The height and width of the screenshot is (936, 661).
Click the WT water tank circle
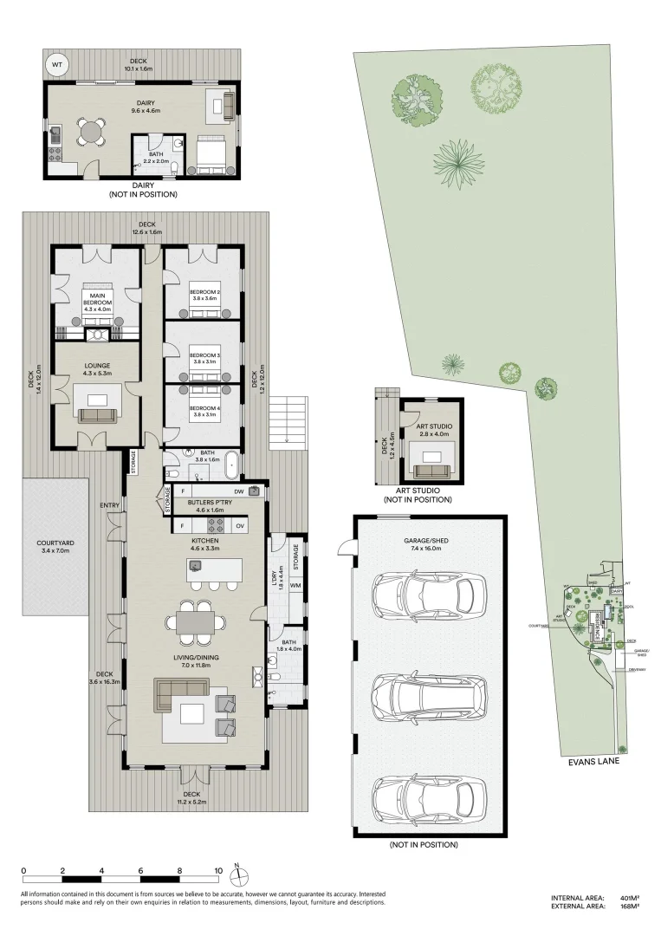click(57, 64)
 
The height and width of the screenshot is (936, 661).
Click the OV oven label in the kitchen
click(240, 526)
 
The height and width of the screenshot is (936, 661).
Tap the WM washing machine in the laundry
click(295, 585)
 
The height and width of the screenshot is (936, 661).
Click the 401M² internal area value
click(629, 898)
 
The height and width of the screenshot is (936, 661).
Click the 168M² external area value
click(629, 907)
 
